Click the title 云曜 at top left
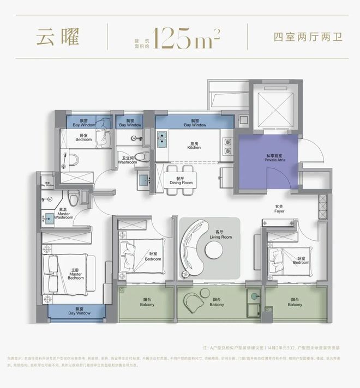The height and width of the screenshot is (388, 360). pos(58,38)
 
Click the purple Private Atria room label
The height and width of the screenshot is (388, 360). pos(268,159)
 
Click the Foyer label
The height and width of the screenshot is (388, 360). pos(279,209)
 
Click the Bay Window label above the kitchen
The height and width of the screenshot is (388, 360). pos(195,123)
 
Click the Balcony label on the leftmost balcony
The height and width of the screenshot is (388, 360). pos(147,303)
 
